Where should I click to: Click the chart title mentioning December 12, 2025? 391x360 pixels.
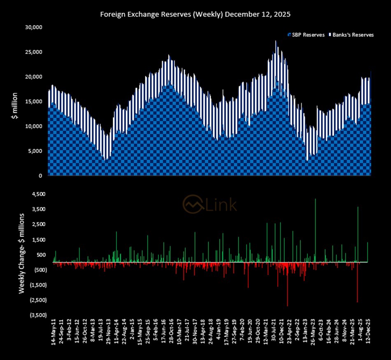click(195, 14)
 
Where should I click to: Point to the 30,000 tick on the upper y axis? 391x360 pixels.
click(34, 28)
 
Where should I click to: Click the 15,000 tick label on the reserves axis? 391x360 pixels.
click(34, 102)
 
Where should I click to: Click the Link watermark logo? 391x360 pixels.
click(210, 203)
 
